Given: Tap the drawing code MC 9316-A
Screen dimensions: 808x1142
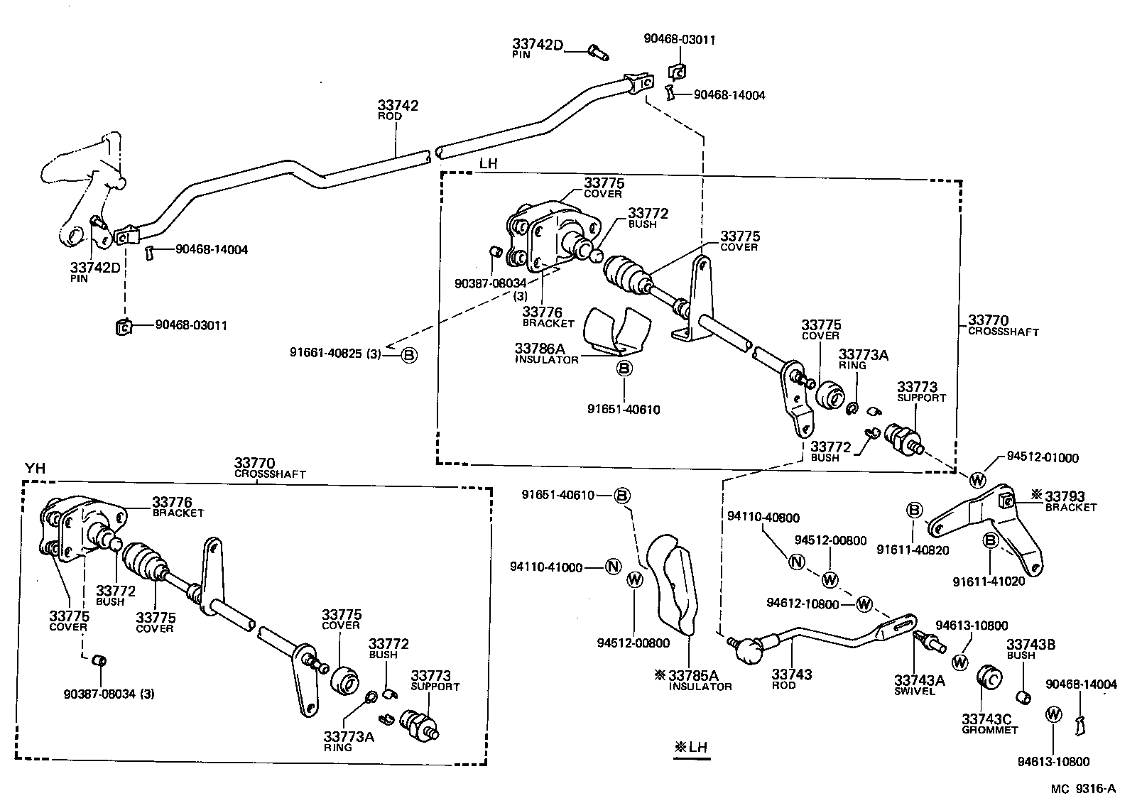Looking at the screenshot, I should click(x=1084, y=788).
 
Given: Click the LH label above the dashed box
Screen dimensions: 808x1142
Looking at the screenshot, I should click(x=488, y=163).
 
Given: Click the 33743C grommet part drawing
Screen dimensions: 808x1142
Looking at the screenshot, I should click(x=989, y=678).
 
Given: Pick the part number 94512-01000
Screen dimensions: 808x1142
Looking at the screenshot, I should click(x=1043, y=457).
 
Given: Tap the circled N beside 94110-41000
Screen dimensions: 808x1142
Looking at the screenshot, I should click(x=613, y=567).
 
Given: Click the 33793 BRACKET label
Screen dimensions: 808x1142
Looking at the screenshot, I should click(x=1070, y=501).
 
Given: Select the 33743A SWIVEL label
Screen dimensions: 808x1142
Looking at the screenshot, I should click(x=919, y=684).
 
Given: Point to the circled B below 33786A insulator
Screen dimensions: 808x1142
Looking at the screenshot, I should click(x=624, y=368).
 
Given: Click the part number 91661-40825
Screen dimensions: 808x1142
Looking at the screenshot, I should click(x=330, y=352).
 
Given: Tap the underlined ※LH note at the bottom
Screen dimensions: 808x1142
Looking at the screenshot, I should click(x=691, y=748).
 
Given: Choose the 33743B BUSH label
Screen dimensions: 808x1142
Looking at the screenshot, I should click(x=1030, y=649).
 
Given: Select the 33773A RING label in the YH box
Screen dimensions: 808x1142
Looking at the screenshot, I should click(x=348, y=741).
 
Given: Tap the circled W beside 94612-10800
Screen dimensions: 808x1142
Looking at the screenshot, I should click(x=864, y=604).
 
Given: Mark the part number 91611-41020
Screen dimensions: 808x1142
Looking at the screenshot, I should click(x=989, y=581).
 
